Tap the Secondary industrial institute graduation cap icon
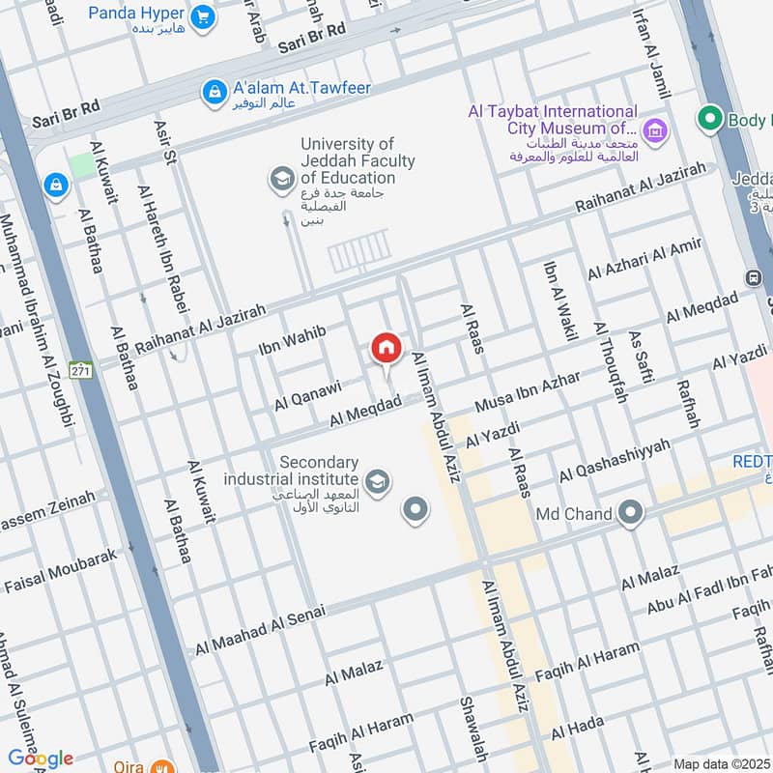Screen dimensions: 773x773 (x=378, y=480)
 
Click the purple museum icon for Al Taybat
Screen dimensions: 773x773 (x=655, y=129)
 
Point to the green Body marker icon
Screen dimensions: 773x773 (x=711, y=121)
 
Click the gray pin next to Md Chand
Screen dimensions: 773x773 (x=631, y=513)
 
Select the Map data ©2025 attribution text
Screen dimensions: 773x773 (x=721, y=763)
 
